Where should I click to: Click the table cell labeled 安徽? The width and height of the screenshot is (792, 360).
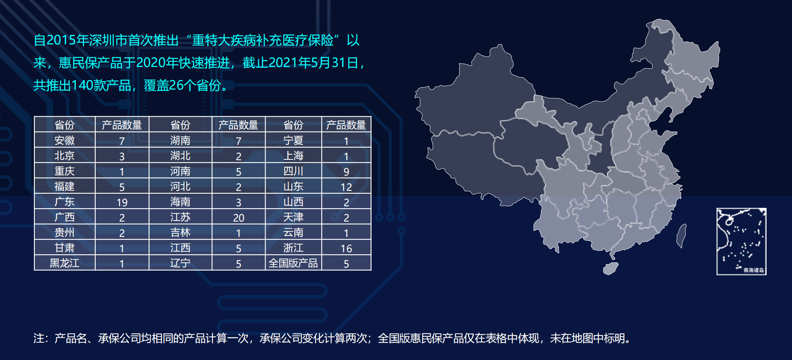65,140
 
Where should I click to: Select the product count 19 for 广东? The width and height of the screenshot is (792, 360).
122,202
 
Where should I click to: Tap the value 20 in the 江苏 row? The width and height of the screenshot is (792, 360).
239,218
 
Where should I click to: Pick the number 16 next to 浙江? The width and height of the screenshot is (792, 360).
346,249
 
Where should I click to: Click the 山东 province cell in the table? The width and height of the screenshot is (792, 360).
293,186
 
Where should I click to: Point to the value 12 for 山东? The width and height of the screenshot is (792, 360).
346,187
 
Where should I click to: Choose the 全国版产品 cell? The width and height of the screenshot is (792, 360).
293,263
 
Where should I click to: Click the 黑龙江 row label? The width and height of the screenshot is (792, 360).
65,263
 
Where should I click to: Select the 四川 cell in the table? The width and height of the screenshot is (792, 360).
293,171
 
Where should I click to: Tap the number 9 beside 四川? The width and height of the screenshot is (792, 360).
346,172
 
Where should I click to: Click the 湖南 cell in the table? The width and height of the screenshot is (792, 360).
180,140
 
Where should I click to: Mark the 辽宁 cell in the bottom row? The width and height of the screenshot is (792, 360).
180,263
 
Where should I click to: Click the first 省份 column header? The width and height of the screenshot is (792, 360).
65,125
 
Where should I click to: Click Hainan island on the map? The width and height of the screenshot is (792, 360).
610,268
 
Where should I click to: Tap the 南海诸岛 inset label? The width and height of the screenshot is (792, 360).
754,270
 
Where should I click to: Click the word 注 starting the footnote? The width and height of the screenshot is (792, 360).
39,338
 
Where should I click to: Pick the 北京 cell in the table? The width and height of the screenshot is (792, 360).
65,156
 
